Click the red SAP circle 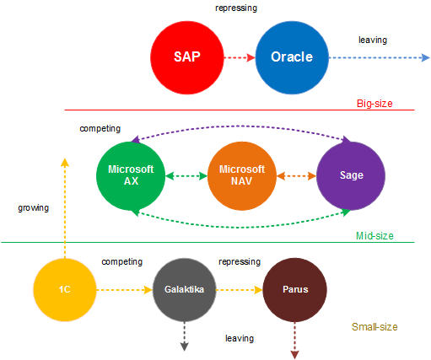click(x=187, y=57)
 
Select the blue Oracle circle click(x=292, y=57)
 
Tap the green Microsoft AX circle click(x=131, y=176)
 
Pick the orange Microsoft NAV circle click(x=242, y=176)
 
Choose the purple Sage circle click(x=351, y=176)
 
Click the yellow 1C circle click(x=65, y=290)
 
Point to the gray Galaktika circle click(x=185, y=290)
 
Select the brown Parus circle click(x=294, y=290)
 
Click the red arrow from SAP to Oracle click(x=240, y=58)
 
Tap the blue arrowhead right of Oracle click(x=426, y=58)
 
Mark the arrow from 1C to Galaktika click(x=125, y=290)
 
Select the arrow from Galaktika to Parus click(x=240, y=290)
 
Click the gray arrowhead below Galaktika click(x=185, y=347)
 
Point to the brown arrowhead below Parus click(x=294, y=355)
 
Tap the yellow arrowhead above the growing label click(x=65, y=162)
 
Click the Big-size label click(x=374, y=104)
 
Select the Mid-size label click(x=374, y=236)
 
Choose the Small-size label click(x=374, y=327)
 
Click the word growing click(x=34, y=208)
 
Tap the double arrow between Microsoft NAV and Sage click(x=296, y=176)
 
